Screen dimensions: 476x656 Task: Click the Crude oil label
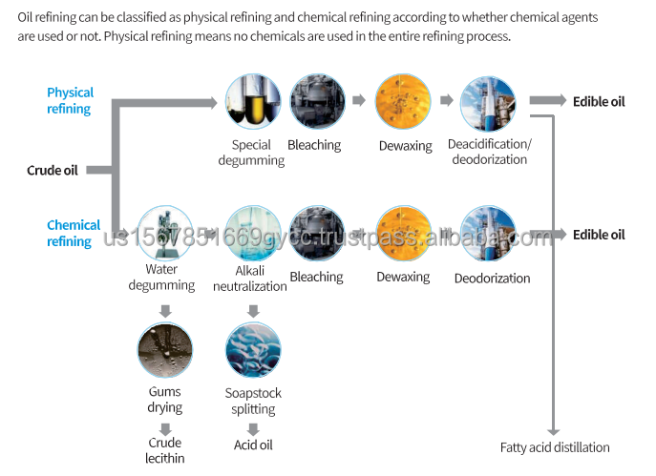52,171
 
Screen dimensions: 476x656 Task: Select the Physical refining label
71,100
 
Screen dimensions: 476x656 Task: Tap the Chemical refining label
74,233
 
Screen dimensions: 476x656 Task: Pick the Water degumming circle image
165,234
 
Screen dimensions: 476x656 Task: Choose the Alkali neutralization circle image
252,234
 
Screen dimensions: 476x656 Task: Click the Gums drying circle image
165,350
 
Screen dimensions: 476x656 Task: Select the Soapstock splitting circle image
252,350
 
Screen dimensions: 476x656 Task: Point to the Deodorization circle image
488,234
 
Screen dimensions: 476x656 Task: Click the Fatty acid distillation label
555,447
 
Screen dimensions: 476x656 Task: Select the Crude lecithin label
165,450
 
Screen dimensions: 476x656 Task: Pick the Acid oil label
253,445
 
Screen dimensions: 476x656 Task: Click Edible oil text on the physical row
599,101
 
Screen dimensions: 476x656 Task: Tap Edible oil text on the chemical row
599,235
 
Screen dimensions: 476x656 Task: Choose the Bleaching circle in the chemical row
316,234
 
